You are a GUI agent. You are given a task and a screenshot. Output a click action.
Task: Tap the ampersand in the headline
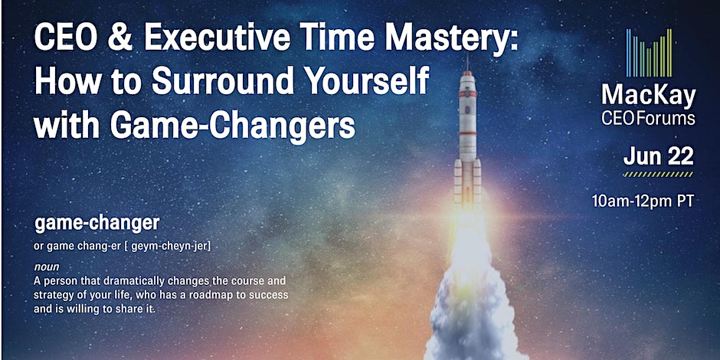point(119,39)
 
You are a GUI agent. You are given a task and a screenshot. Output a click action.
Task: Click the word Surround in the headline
point(223,82)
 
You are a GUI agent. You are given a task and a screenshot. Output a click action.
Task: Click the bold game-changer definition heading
point(97,224)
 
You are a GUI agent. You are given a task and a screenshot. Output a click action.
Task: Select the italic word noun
point(47,267)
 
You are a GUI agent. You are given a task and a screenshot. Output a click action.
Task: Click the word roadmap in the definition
point(221,295)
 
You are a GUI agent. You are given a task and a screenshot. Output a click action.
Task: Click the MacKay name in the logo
point(649,97)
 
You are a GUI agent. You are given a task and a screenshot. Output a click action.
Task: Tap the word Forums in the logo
point(669,119)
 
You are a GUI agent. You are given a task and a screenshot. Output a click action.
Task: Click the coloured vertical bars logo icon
point(649,53)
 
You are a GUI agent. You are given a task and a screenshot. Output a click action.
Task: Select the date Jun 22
point(658,157)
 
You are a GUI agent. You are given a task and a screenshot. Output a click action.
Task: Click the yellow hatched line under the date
point(658,175)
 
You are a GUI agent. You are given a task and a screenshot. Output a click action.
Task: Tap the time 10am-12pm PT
point(643,201)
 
